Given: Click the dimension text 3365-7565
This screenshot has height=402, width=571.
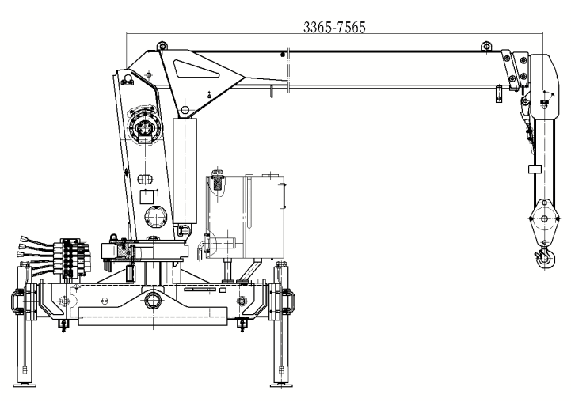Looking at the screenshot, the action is click(334, 27).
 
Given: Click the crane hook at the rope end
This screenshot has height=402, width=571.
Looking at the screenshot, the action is click(545, 257).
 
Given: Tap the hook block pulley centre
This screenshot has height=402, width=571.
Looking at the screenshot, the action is click(544, 218).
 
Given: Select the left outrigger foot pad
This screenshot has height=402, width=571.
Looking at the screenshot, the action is click(25, 385).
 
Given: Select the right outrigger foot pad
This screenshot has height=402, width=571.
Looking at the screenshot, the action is click(281, 385).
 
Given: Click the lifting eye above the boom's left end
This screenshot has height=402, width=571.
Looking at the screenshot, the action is click(162, 46).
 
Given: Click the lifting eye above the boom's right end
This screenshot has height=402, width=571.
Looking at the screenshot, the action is click(486, 46).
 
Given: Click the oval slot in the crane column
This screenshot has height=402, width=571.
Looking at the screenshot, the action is click(145, 180).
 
